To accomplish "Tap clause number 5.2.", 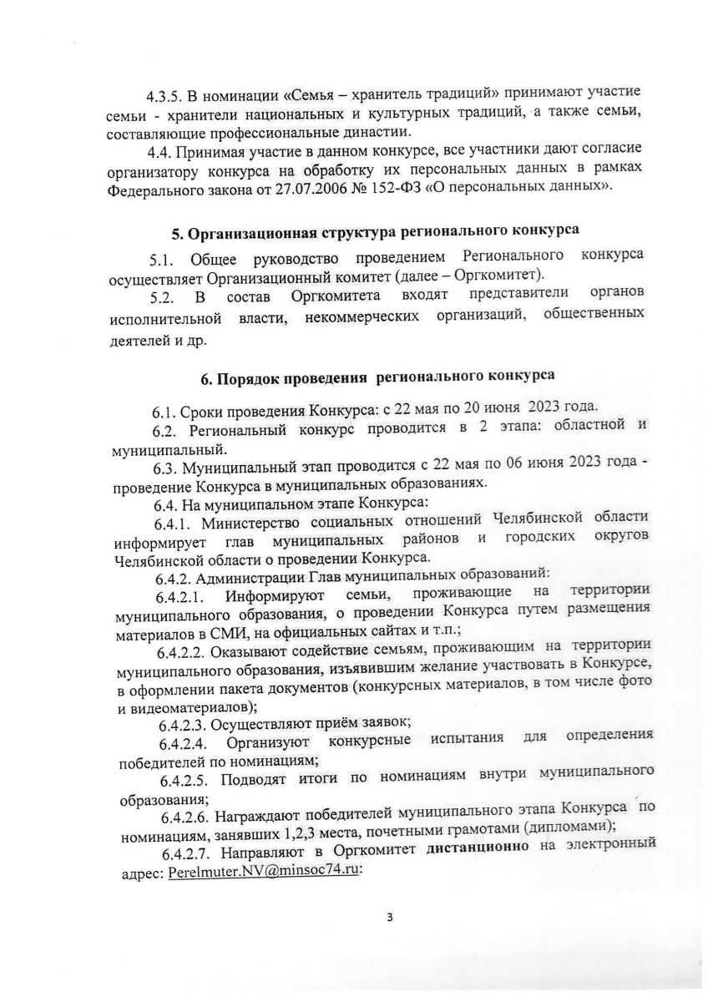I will point(165,297).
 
